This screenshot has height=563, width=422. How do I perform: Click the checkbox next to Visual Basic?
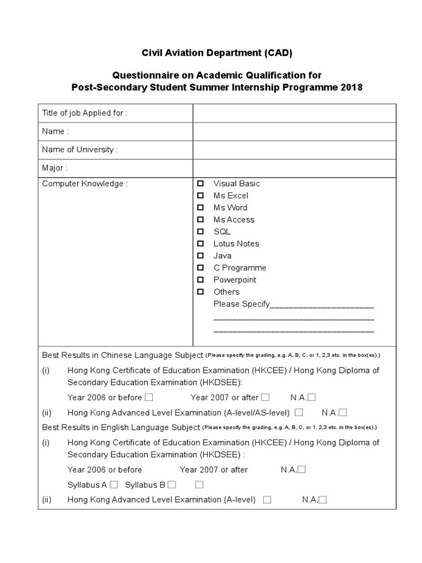201,184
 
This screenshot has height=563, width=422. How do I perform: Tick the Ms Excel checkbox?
201,196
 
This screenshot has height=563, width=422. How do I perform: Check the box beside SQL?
201,231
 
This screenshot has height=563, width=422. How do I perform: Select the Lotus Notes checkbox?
201,244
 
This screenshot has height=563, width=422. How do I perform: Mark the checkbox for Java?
201,256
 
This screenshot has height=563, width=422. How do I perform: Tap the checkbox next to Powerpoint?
201,280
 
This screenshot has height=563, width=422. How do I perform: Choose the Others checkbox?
201,292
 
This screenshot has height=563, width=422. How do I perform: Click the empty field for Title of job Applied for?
294,113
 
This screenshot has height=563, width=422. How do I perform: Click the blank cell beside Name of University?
294,150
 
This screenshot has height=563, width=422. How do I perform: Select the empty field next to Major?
294,168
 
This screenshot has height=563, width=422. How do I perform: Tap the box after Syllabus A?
114,485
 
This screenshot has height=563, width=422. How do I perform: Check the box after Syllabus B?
172,485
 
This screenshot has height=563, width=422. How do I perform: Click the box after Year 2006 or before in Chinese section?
149,398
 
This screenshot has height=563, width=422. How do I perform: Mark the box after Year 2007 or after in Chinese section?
265,398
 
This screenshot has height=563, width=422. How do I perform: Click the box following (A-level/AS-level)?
299,412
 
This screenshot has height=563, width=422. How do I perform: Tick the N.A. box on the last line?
323,500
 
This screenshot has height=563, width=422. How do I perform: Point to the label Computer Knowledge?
85,184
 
